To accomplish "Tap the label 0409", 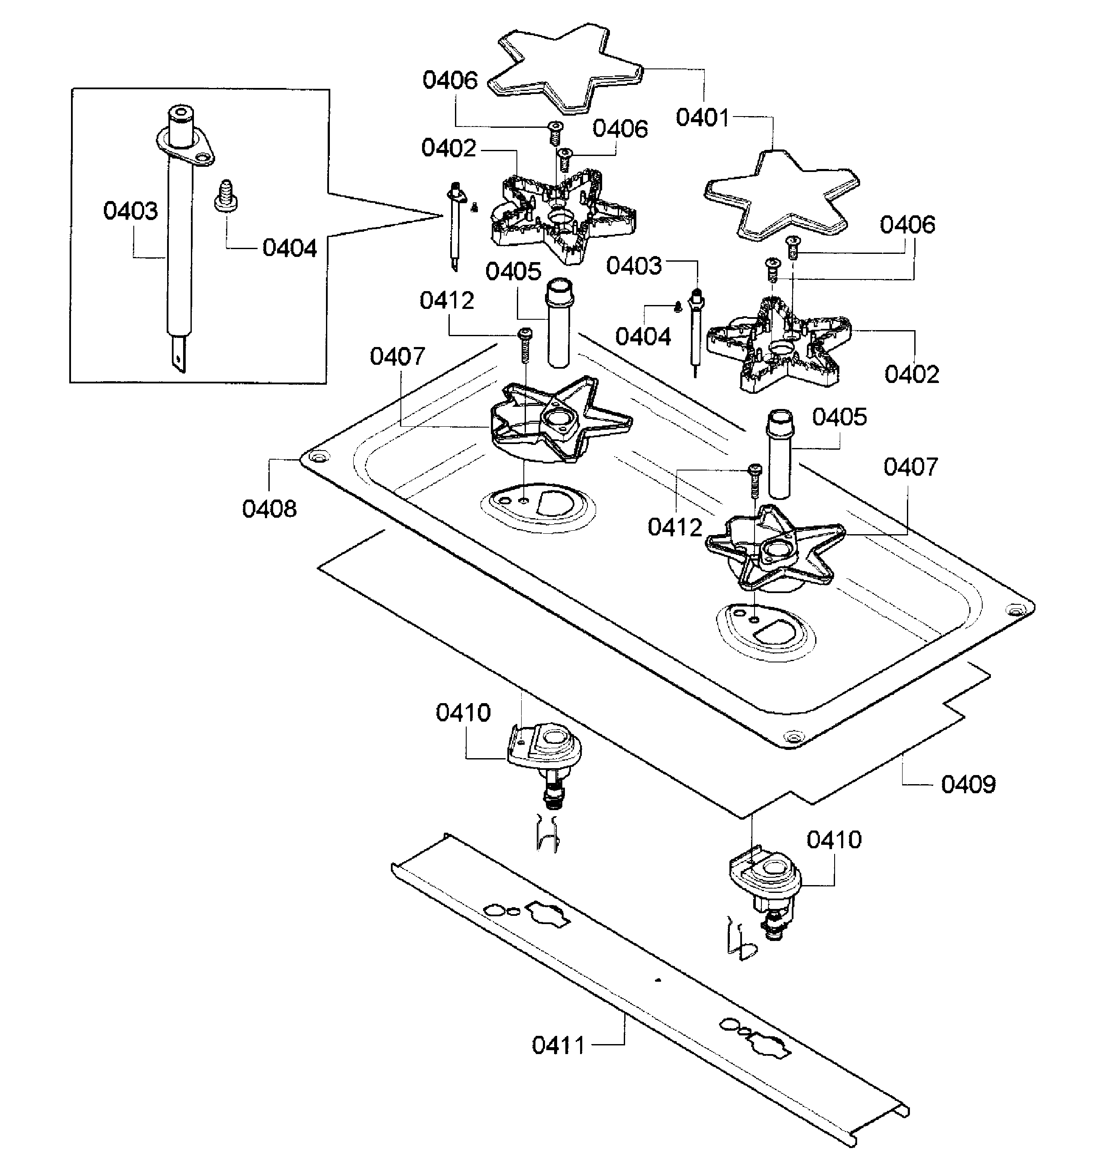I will [968, 784].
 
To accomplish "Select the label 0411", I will [558, 1045].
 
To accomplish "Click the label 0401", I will [702, 118].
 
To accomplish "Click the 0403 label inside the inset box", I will [131, 211].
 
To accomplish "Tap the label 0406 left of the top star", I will [450, 81].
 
